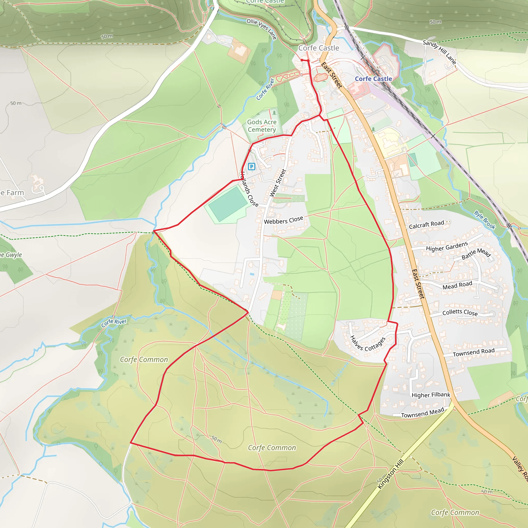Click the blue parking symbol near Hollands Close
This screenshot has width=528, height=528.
coord(251,167)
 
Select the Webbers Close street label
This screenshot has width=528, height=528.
coord(283,220)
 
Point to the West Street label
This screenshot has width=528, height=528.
coord(278,183)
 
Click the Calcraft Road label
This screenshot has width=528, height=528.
coord(426,224)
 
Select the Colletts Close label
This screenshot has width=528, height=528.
coord(460,312)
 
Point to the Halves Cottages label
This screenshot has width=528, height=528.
coord(368,344)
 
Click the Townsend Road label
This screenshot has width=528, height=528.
coord(474,352)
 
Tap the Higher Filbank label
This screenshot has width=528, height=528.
coord(431,395)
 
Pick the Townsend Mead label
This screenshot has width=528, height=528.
coord(423,413)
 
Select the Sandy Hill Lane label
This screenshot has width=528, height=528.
coord(439,52)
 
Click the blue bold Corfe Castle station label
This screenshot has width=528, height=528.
coord(373,79)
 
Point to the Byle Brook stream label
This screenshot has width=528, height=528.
coord(484,220)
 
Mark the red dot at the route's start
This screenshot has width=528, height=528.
coord(302,60)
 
